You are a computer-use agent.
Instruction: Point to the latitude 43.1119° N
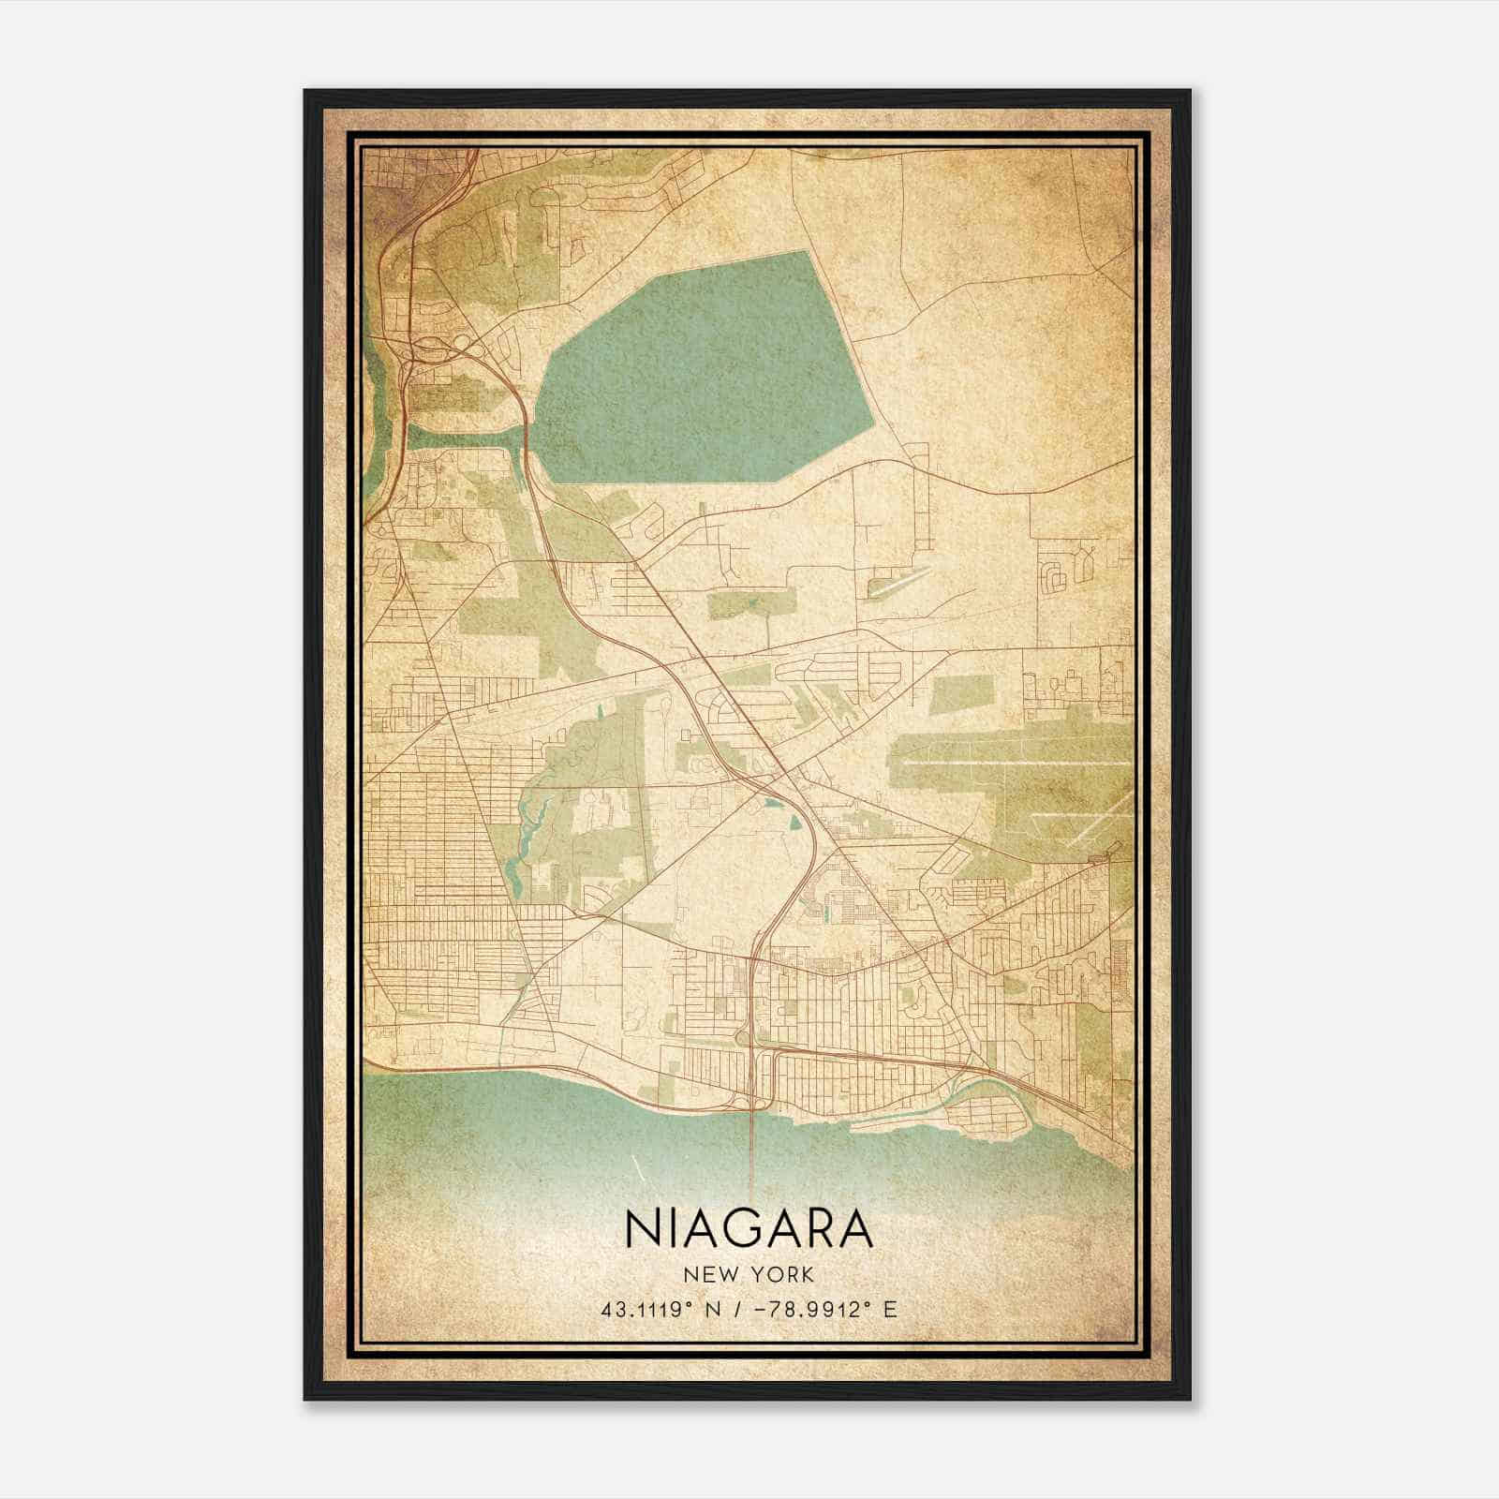pyautogui.click(x=663, y=1309)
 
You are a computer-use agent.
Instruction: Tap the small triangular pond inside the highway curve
pyautogui.click(x=794, y=822)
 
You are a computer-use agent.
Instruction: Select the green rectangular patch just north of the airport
pyautogui.click(x=960, y=693)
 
